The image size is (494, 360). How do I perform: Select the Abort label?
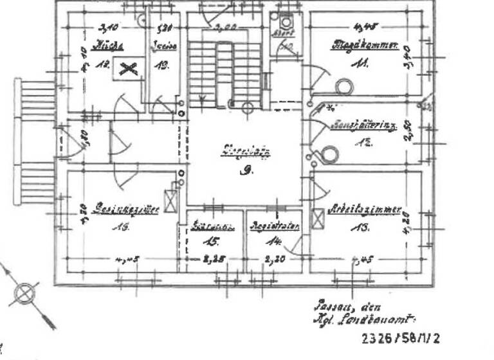click(284, 33)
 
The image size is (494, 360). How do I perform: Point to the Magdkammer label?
click(365, 46)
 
